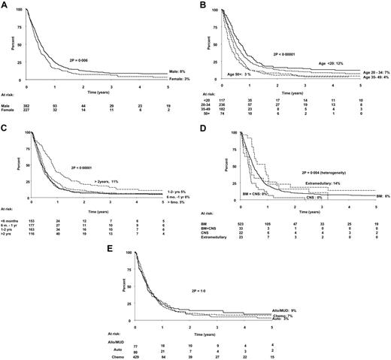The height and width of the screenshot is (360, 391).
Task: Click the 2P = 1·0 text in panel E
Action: (x=218, y=286)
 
